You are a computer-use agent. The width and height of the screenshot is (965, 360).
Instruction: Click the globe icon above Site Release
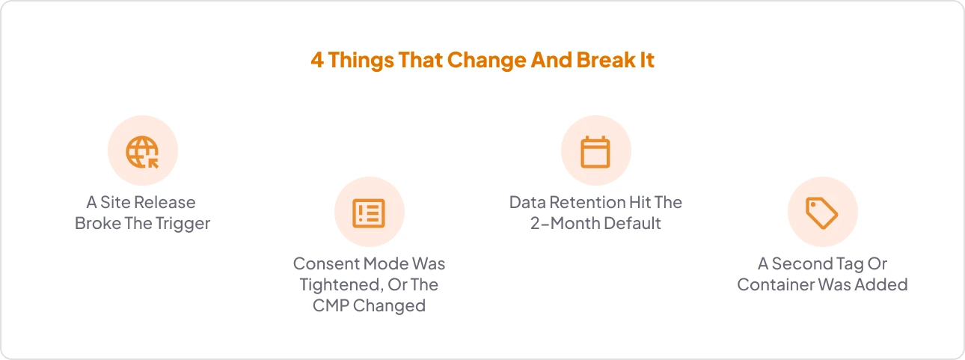[x=142, y=152]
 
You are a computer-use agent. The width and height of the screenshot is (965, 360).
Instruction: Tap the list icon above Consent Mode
[x=369, y=213]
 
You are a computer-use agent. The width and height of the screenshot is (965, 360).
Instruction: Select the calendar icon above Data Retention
[x=595, y=152]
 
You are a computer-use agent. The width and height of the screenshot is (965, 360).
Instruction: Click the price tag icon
[x=822, y=213]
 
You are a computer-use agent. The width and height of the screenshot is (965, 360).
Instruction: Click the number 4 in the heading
[x=316, y=60]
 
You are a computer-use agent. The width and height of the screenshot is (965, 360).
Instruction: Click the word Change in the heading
[x=487, y=60]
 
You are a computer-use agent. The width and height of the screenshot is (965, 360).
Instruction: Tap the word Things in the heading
[x=361, y=60]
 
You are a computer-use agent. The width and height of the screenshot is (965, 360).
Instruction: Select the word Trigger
[x=183, y=224]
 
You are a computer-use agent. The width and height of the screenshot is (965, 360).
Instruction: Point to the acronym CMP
[x=331, y=305]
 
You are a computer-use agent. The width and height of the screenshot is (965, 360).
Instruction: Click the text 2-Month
[x=565, y=223]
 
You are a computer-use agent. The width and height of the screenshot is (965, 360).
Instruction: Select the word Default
[x=632, y=223]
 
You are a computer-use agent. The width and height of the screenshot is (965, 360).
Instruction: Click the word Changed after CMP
[x=389, y=305]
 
